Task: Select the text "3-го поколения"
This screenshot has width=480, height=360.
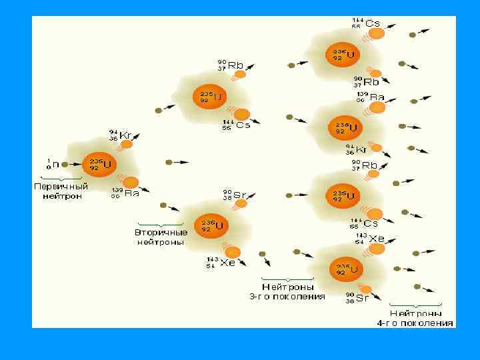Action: coord(287,296)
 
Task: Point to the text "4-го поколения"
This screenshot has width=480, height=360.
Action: coord(415,323)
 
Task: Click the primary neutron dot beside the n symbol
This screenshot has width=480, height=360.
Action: coord(65,163)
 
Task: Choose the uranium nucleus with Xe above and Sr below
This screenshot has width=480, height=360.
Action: coord(345,268)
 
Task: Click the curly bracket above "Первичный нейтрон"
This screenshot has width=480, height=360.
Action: coord(61,178)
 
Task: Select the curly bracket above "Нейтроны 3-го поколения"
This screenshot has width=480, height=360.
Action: coord(287,279)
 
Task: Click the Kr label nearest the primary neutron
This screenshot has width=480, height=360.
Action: coord(125,135)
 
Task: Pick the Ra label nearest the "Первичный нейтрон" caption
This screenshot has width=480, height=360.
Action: coord(131,193)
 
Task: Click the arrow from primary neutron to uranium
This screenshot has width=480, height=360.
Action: coord(75,163)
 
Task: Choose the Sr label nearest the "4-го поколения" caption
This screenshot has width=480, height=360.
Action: coord(362,298)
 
